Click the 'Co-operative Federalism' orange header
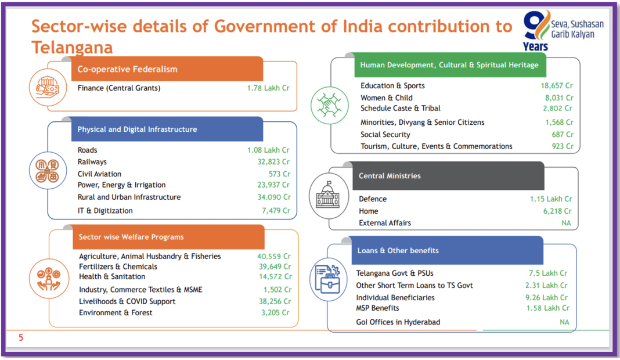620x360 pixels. [x=167, y=69]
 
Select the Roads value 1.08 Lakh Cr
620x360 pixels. [x=268, y=150]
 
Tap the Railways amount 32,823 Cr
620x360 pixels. [x=273, y=162]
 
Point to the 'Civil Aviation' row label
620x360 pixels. [x=99, y=174]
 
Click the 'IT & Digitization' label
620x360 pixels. [x=104, y=210]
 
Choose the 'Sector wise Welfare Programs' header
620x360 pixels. [x=168, y=237]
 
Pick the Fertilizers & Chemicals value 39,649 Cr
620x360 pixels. [x=275, y=267]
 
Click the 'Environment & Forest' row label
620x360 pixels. [x=116, y=312]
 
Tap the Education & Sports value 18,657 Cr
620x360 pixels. [x=557, y=85]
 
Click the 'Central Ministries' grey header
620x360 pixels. [x=448, y=176]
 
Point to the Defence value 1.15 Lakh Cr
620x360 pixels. [x=551, y=199]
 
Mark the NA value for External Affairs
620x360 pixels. [x=566, y=223]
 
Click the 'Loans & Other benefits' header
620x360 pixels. [x=447, y=250]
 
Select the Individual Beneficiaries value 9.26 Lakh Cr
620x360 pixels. [x=546, y=297]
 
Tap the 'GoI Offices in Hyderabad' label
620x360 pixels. [x=398, y=322]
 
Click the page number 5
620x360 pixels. [x=21, y=338]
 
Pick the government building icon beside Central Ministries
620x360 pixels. [x=328, y=195]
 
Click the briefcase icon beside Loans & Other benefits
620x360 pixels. [x=328, y=279]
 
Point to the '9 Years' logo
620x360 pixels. [x=536, y=31]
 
